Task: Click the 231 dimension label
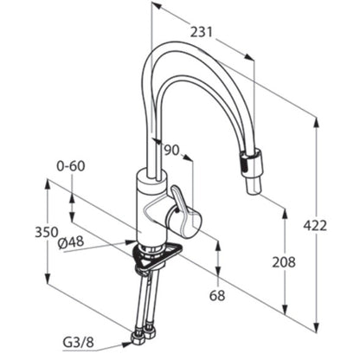201,32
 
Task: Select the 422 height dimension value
315,225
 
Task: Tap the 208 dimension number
284,262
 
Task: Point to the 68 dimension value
217,295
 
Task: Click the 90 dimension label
171,150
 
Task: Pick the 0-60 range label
71,166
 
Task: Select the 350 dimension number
47,232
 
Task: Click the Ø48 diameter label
71,242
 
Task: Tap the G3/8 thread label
78,343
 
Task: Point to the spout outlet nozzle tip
254,186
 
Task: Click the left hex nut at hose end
138,338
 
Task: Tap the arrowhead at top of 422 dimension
317,124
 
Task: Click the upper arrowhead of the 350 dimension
48,185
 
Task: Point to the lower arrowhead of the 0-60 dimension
72,216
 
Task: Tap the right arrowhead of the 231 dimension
249,56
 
